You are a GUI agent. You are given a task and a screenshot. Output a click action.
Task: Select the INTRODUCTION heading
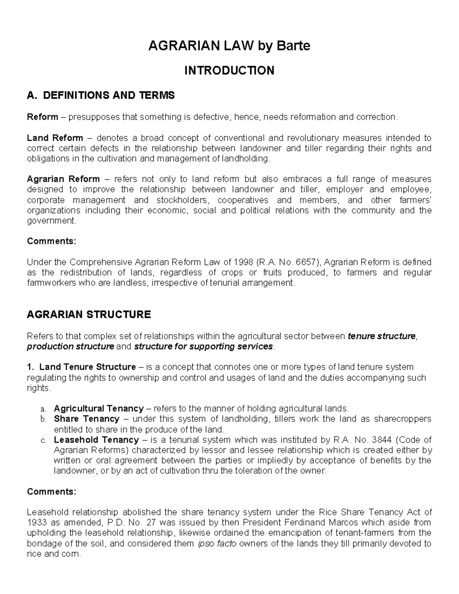pyautogui.click(x=229, y=70)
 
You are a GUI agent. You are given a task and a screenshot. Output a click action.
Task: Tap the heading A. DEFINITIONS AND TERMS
pyautogui.click(x=101, y=95)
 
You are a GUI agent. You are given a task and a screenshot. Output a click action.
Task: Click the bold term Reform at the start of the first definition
pyautogui.click(x=42, y=117)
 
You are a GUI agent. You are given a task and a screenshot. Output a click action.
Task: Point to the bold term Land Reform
pyautogui.click(x=55, y=138)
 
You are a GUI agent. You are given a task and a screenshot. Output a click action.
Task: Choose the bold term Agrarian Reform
pyautogui.click(x=63, y=179)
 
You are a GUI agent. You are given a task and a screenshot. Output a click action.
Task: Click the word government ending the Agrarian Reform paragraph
pyautogui.click(x=51, y=221)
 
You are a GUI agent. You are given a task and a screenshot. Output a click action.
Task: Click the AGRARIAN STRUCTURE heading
pyautogui.click(x=89, y=314)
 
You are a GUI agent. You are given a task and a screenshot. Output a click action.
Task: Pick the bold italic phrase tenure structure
pyautogui.click(x=381, y=336)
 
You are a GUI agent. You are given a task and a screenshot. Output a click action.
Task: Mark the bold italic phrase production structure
pyautogui.click(x=70, y=347)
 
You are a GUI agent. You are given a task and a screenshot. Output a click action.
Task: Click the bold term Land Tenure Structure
pyautogui.click(x=88, y=367)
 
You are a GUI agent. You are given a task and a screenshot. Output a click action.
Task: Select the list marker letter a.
pyautogui.click(x=43, y=409)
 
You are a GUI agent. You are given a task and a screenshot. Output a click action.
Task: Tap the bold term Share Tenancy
pyautogui.click(x=87, y=419)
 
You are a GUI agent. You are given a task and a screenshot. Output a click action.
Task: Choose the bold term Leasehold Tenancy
pyautogui.click(x=96, y=440)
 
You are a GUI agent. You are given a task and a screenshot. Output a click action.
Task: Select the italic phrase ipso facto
pyautogui.click(x=216, y=544)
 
